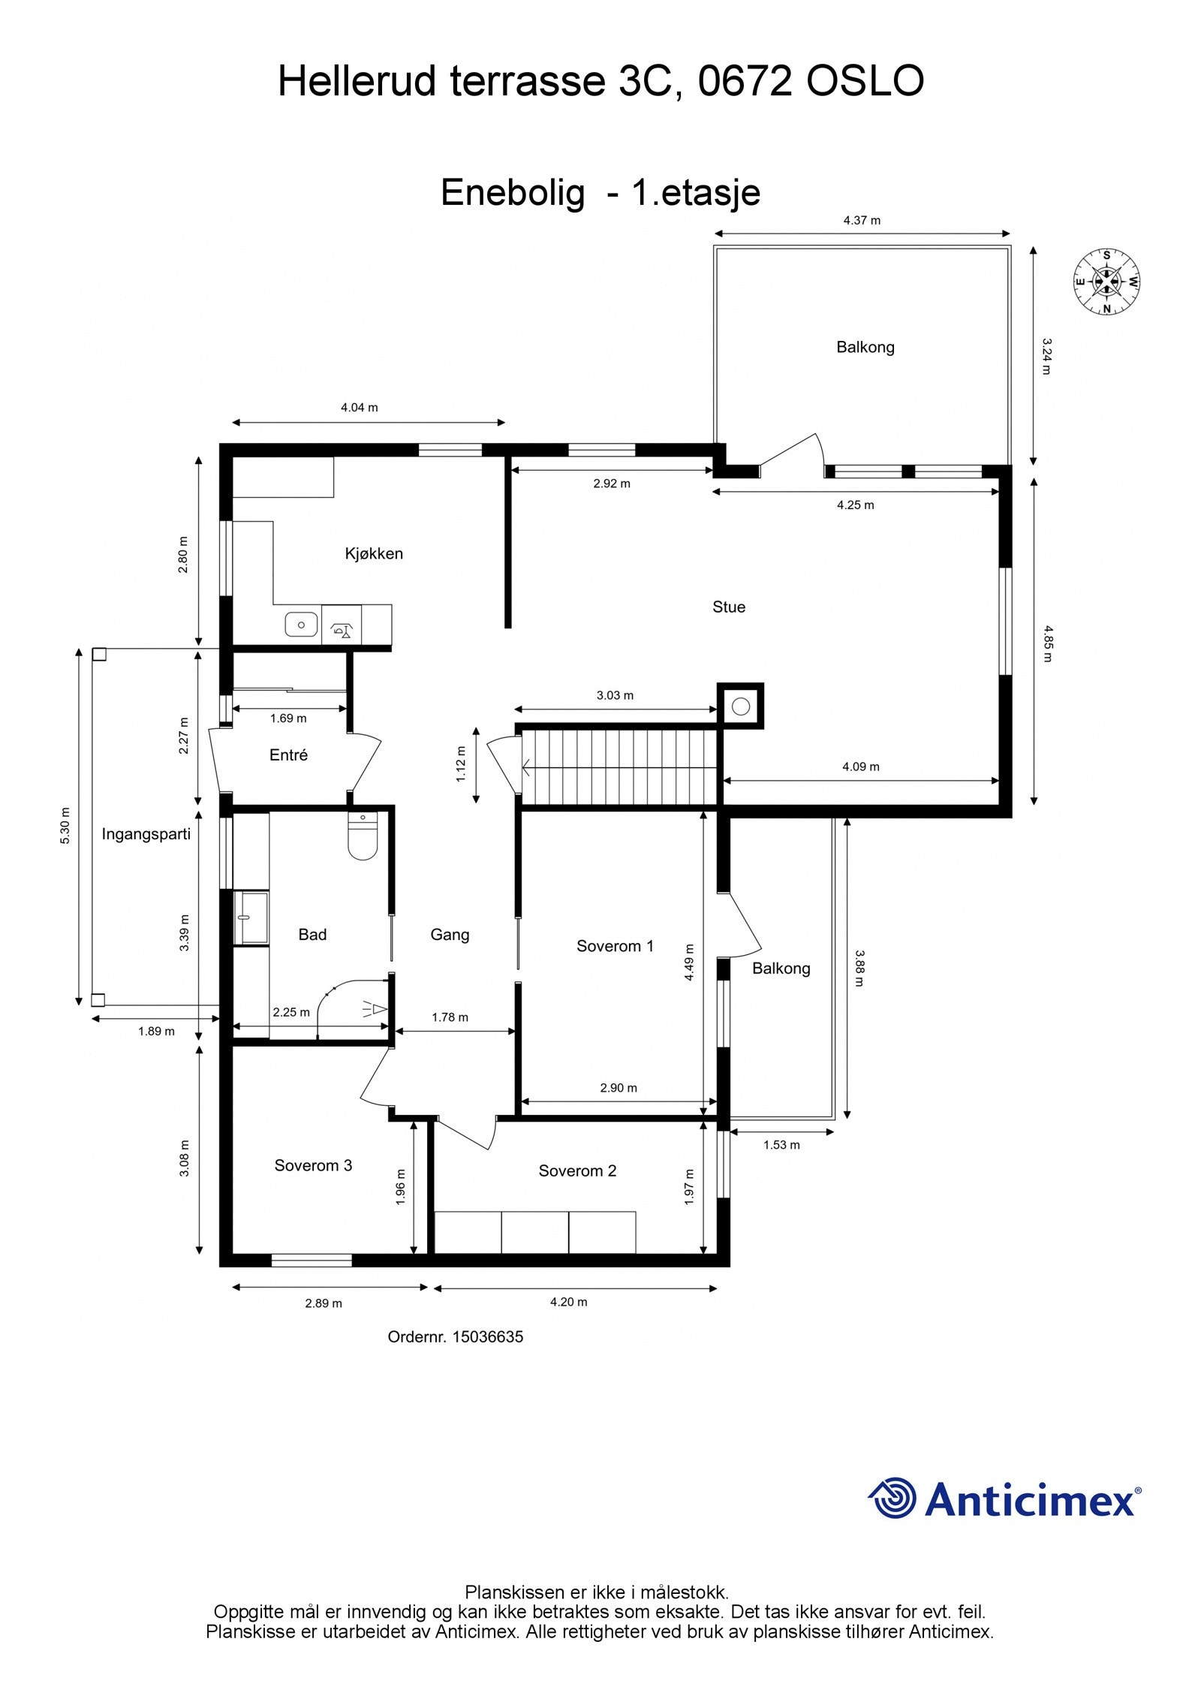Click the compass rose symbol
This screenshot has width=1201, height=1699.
(1106, 282)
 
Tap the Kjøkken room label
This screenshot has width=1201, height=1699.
(374, 553)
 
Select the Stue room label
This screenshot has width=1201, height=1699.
(729, 607)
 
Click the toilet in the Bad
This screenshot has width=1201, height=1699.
(363, 836)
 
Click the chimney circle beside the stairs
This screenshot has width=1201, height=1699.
(741, 706)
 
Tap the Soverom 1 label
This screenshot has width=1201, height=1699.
(615, 946)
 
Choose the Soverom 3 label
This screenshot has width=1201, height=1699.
(313, 1165)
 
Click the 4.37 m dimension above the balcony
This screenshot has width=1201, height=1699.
(862, 221)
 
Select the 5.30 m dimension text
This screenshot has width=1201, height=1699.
(65, 826)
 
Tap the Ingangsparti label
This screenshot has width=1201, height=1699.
(146, 833)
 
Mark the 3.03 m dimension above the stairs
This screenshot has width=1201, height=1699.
(615, 695)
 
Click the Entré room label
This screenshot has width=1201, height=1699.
(288, 755)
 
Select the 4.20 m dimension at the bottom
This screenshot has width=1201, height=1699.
(568, 1302)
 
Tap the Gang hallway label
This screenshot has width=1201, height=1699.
(450, 935)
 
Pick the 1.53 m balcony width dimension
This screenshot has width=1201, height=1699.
(781, 1145)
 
